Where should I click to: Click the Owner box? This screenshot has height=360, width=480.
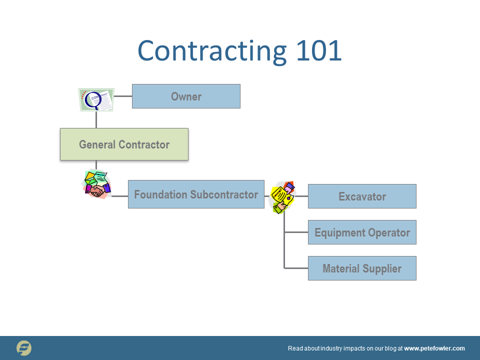[x=186, y=96]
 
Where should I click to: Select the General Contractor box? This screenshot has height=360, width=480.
[x=124, y=144]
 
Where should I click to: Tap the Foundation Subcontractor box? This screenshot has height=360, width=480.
[x=196, y=194]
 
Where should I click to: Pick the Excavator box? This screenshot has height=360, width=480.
[x=362, y=196]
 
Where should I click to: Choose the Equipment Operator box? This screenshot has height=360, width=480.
[x=362, y=232]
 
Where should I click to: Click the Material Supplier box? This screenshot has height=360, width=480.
[x=362, y=268]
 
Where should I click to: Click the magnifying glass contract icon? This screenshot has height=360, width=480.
[x=96, y=99]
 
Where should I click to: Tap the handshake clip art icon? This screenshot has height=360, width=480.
[x=96, y=184]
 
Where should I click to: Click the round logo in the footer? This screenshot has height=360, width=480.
[x=24, y=348]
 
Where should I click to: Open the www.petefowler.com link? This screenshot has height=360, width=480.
[x=434, y=348]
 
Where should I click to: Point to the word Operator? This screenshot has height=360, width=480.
[x=389, y=232]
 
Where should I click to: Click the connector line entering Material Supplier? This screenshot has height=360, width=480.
[x=296, y=268]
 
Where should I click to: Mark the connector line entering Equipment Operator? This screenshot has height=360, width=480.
[x=296, y=232]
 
